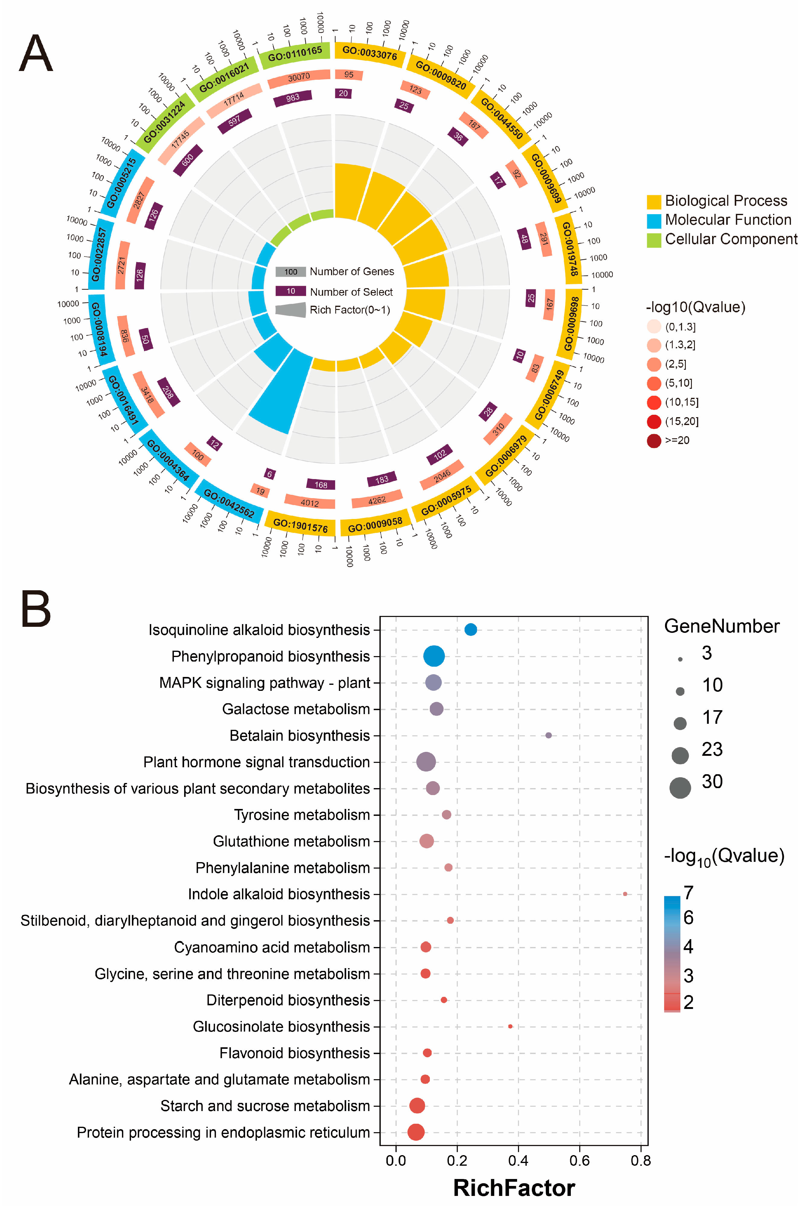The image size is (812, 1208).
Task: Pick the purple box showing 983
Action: click(x=293, y=98)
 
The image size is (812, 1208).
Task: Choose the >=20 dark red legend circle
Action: click(x=654, y=440)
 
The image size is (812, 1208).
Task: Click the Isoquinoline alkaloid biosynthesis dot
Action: click(x=470, y=630)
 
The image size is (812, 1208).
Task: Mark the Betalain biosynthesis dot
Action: click(x=548, y=735)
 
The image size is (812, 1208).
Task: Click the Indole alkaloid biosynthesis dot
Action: click(x=625, y=894)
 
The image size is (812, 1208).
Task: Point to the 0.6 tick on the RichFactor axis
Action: click(x=580, y=1161)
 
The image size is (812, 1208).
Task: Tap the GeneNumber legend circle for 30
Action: click(x=680, y=788)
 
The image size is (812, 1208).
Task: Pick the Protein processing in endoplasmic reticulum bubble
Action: click(x=415, y=1132)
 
